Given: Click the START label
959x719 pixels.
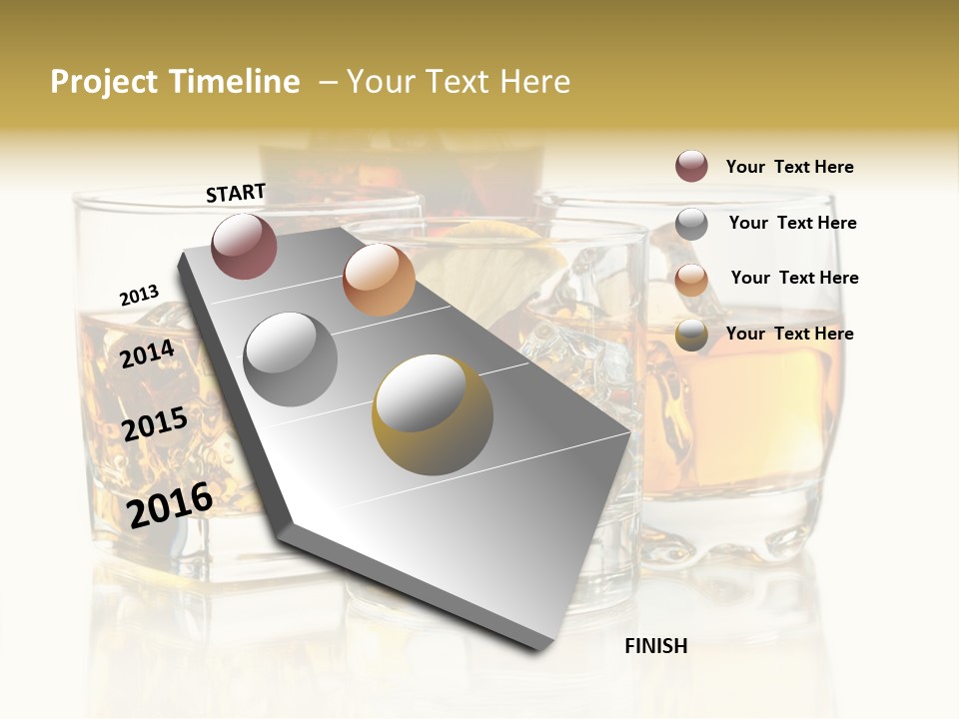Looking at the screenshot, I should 236,193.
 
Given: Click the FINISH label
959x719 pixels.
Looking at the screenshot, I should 655,646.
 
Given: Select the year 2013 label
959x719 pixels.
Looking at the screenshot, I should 139,296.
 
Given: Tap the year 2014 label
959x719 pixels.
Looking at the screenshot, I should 148,354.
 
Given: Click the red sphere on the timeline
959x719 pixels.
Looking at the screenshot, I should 244,246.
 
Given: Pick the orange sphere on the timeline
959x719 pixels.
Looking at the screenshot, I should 379,279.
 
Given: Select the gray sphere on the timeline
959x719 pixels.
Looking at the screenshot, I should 291,359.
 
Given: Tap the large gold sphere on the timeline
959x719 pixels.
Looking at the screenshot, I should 432,413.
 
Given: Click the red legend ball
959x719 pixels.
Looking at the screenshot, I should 691,166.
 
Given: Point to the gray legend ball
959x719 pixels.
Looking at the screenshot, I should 691,224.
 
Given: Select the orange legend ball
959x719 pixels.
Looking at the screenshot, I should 691,279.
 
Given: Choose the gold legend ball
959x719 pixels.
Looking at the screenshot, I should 691,335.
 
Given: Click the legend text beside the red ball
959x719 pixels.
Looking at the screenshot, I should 789,167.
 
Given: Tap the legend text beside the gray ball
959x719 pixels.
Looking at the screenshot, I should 792,223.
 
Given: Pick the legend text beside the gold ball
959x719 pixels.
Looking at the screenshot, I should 789,334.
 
